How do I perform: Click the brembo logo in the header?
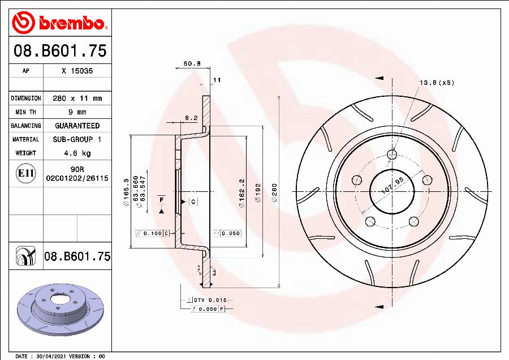(59, 24)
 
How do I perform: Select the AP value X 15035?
(77, 71)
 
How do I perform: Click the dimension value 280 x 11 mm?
(77, 98)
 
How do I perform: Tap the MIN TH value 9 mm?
(77, 112)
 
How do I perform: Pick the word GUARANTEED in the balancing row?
(77, 126)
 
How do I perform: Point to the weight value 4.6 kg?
(77, 153)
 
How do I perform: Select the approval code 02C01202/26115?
(77, 178)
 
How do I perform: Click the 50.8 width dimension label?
(192, 64)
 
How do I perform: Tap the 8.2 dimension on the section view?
(191, 118)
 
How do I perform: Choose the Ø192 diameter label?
(258, 192)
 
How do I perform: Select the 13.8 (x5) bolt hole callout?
(436, 83)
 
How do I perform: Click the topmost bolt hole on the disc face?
(392, 154)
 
